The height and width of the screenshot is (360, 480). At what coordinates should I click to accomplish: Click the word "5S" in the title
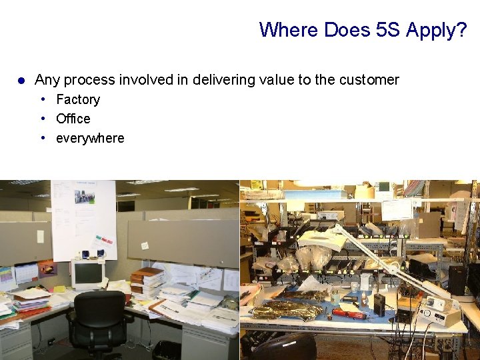(386, 30)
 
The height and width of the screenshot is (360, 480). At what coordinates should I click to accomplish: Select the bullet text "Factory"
(78, 99)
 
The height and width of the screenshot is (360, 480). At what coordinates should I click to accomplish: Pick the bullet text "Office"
(73, 119)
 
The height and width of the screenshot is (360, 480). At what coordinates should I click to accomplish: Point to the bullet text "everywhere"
(90, 138)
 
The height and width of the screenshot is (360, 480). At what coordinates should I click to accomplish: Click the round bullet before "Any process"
(21, 81)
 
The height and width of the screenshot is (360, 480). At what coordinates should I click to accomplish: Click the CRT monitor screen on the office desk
(87, 274)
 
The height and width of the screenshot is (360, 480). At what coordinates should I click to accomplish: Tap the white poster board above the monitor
(83, 220)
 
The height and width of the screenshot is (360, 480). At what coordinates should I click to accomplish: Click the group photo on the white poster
(84, 197)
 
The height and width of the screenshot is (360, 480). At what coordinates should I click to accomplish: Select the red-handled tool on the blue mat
(349, 313)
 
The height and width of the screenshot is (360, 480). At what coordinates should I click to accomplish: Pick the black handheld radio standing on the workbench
(379, 304)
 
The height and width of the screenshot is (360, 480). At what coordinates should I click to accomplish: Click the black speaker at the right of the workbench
(457, 280)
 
